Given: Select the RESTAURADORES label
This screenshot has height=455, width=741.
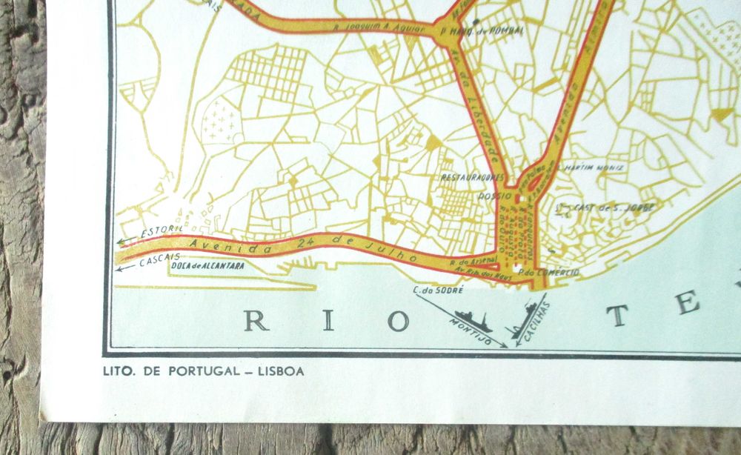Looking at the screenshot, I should [472, 178].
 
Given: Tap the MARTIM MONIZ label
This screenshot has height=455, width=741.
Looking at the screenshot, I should [594, 167].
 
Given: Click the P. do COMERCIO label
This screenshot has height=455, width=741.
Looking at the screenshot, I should [549, 273].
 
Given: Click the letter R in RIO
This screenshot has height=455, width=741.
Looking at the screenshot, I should [256, 321].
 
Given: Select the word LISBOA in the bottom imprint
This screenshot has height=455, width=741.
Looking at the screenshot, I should [279, 372].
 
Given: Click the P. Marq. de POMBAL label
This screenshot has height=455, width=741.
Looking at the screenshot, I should [482, 31].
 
